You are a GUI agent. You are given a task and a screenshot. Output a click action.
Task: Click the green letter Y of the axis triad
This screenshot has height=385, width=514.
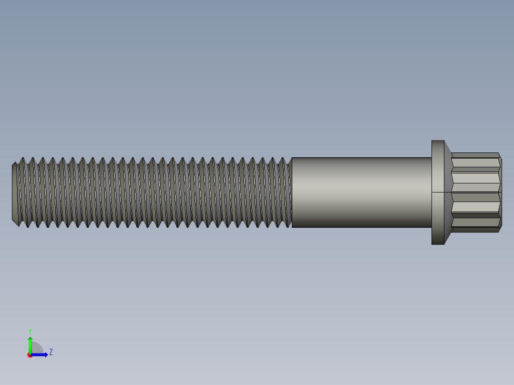pyautogui.click(x=30, y=331)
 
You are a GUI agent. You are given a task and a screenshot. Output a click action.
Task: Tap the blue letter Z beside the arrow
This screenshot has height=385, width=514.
pyautogui.click(x=51, y=352)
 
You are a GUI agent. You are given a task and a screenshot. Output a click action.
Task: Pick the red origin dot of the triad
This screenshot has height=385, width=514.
pyautogui.click(x=30, y=355)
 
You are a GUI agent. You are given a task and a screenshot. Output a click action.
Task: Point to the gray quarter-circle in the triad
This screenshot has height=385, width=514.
pyautogui.click(x=37, y=349)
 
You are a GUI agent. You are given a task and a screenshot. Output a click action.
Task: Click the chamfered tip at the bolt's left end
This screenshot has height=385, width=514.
pyautogui.click(x=15, y=192)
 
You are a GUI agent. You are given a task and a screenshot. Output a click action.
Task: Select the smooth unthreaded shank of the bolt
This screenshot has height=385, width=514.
pyautogui.click(x=361, y=192)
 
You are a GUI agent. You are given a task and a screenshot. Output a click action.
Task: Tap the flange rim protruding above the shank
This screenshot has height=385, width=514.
pyautogui.click(x=438, y=149)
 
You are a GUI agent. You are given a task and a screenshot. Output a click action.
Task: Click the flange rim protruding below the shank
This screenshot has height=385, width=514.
pyautogui.click(x=438, y=236)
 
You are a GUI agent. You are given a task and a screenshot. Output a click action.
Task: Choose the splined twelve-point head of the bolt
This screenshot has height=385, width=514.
pyautogui.click(x=475, y=192)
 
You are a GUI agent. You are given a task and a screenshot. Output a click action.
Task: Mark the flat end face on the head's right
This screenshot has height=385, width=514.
pyautogui.click(x=501, y=192)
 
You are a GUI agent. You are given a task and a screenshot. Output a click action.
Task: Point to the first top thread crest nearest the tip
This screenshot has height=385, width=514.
pyautogui.click(x=22, y=159)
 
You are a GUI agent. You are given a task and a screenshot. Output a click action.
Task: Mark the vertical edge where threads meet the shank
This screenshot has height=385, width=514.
pyautogui.click(x=292, y=192)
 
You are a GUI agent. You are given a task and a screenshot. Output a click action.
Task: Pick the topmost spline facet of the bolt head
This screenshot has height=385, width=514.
pyautogui.click(x=475, y=155)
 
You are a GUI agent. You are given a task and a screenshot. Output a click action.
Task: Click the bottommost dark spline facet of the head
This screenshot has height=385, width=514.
pyautogui.click(x=475, y=230)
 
